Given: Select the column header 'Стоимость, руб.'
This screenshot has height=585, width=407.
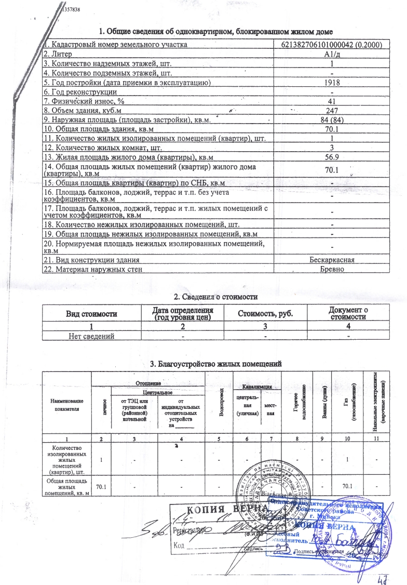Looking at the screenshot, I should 265,313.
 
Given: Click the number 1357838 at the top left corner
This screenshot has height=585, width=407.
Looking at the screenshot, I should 71,9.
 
